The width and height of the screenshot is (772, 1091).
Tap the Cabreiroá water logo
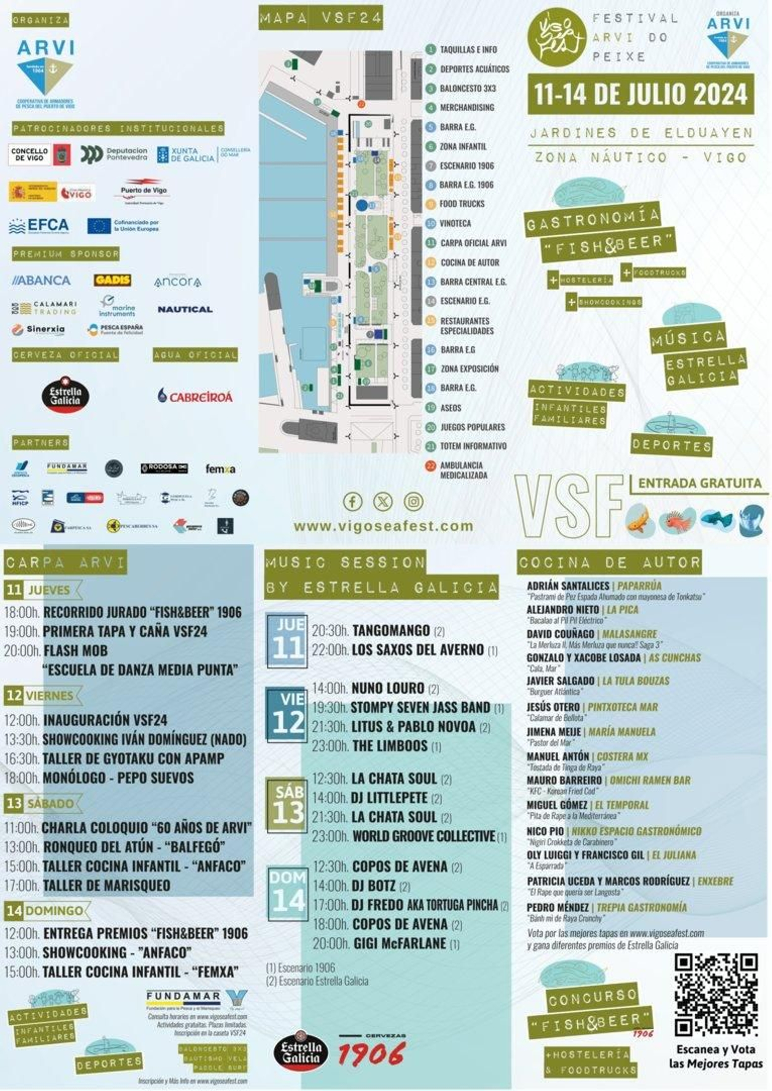coord(195,396)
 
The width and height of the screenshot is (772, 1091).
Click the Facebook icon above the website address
coord(352,502)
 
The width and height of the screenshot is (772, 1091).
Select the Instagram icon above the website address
coord(414,502)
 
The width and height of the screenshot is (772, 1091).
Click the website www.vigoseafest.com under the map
coord(383,526)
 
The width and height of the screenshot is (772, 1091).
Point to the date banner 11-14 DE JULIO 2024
coord(640,94)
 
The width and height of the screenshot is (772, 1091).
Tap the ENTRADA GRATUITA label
coord(699,483)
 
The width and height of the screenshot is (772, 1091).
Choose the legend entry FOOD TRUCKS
coord(461,204)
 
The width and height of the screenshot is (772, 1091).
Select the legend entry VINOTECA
coord(455,224)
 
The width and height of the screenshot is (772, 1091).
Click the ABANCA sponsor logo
coord(41,280)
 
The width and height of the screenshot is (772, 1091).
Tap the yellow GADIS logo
coord(112,280)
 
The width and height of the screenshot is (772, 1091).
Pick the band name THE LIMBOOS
coord(389,746)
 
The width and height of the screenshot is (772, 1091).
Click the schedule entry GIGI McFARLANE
coord(400,943)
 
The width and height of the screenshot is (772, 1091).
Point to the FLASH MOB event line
coord(75,651)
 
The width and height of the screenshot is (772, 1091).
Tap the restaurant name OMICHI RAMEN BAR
coord(650,780)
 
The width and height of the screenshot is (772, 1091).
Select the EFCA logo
coord(39,226)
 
